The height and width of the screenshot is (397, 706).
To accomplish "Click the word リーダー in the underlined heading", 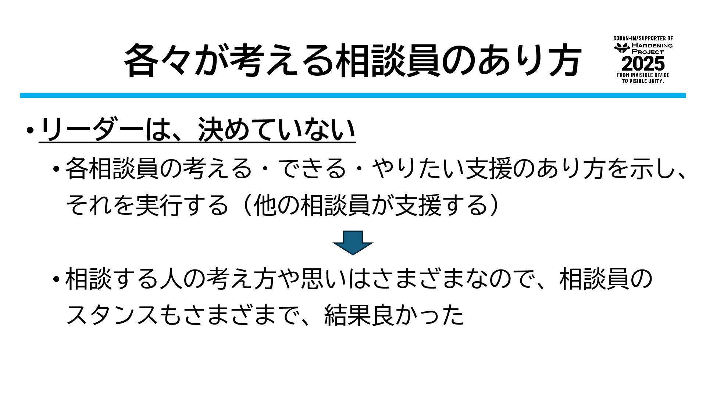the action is [90, 130].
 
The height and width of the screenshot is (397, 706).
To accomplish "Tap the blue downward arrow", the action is [353, 243].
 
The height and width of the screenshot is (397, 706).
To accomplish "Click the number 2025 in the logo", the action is [643, 64].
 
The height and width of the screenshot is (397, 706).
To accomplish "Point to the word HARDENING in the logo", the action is [652, 46].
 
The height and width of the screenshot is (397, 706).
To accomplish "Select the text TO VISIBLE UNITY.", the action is [643, 81].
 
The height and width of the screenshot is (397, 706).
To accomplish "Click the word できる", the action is [312, 169].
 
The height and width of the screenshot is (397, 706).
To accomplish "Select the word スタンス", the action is [113, 315].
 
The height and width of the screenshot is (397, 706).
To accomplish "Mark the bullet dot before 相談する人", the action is [56, 279].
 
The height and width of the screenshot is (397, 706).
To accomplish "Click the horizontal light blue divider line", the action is [353, 96].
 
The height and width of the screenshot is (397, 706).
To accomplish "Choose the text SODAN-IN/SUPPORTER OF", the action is [643, 38].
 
